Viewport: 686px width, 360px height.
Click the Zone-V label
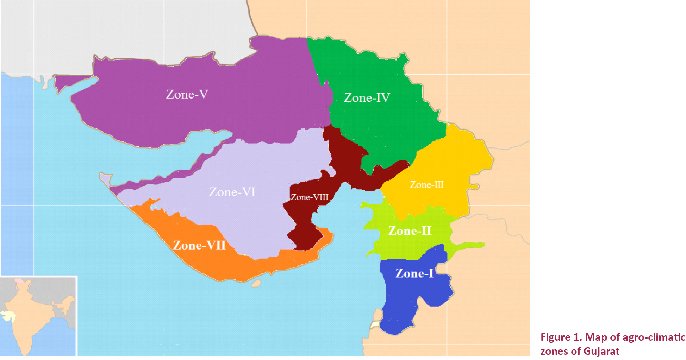point(187,94)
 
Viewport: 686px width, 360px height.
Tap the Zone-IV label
point(367,98)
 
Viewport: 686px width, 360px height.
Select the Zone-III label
point(426,185)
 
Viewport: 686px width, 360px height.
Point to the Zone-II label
point(410,231)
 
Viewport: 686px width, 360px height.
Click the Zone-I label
point(414,273)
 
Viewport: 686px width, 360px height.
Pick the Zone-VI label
point(232,192)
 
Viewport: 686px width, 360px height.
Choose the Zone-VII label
point(199,245)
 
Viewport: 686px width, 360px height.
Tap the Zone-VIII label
point(309,197)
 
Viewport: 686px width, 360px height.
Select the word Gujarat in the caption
point(601,351)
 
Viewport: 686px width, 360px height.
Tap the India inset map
point(38,317)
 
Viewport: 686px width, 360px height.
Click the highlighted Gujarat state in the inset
point(8,315)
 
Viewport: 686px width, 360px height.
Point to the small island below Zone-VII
point(256,283)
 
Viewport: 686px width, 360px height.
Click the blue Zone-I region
point(405,303)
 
